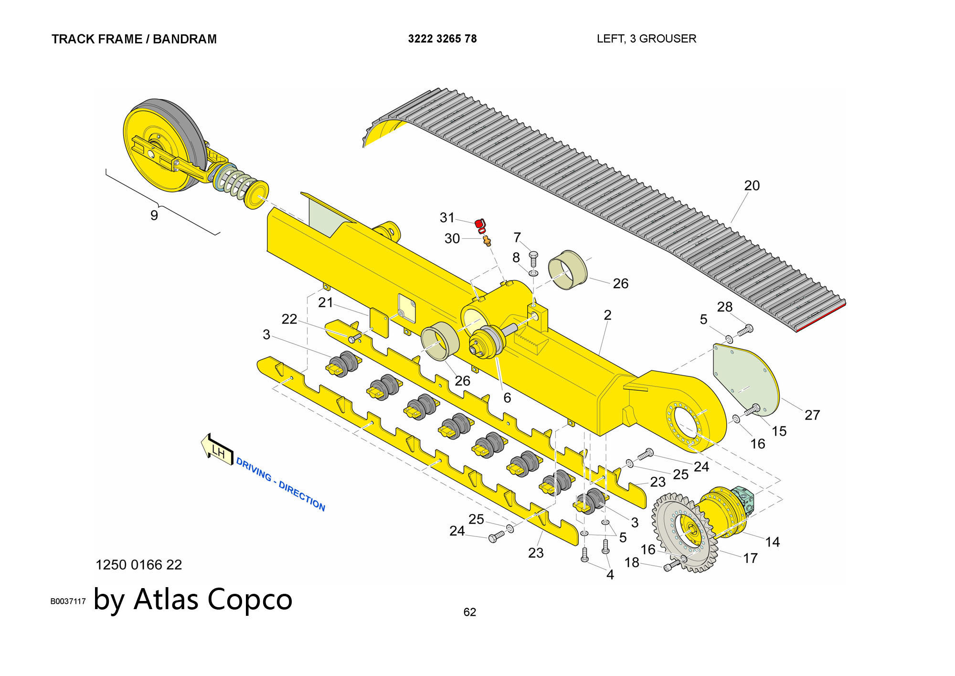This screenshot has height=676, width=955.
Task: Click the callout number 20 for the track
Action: pos(752,185)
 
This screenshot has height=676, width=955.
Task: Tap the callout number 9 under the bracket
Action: pos(154,215)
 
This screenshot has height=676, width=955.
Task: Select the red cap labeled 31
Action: pos(479,224)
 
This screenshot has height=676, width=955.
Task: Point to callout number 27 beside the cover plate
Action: pos(812,415)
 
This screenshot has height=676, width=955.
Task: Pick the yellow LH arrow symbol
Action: pos(216,448)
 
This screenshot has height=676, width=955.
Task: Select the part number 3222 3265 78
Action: pos(442,39)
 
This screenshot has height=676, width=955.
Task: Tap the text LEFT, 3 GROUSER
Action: pos(646,39)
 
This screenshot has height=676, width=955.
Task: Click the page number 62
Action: pos(469,612)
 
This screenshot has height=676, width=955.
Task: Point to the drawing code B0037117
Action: pos(68,601)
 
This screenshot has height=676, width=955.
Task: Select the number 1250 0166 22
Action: pos(138,565)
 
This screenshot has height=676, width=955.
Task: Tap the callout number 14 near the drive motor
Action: pos(772,542)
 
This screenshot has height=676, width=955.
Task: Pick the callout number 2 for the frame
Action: pos(607,315)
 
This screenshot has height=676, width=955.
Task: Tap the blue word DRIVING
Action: pos(254,469)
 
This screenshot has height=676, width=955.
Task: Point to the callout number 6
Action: pos(507,397)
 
